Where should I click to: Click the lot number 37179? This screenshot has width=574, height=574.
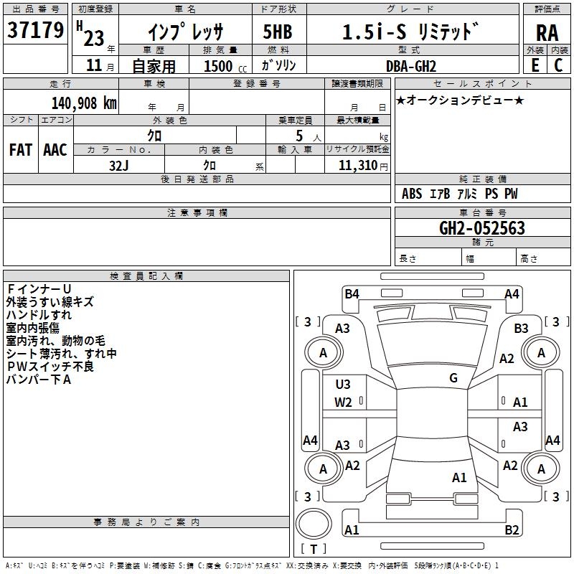35,31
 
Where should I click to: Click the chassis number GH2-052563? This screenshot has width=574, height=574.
481,229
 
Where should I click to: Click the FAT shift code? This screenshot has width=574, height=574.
20,150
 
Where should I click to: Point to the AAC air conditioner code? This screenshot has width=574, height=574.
55,150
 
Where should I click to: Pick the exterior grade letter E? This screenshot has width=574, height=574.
535,65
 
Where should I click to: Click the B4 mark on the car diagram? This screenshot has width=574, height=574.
352,293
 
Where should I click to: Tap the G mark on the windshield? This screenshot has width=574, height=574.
453,378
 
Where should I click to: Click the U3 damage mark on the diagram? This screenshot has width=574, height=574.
343,385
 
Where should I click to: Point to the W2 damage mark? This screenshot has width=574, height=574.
343,402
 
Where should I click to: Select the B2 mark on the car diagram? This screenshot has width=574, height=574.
512,530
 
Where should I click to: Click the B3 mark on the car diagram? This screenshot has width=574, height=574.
522,328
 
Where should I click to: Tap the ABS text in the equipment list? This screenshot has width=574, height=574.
412,194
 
